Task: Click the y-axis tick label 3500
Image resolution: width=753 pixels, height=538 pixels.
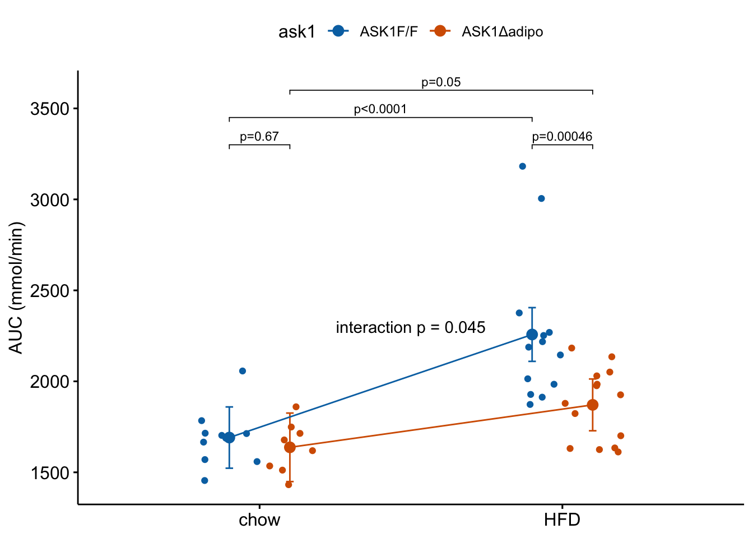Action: coord(50,109)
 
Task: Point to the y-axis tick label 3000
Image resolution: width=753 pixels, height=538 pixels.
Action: coord(50,200)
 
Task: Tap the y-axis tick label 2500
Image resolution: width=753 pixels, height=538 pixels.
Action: coord(50,291)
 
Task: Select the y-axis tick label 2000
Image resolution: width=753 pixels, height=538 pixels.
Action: coord(50,382)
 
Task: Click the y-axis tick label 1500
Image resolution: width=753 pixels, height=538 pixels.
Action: coord(50,473)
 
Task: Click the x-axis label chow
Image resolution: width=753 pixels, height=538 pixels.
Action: coord(259,520)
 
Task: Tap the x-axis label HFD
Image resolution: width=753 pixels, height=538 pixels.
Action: coord(562,520)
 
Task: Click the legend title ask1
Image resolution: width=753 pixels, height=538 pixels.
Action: coord(296,32)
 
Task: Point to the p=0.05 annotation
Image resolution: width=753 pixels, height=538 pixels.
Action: coord(441,82)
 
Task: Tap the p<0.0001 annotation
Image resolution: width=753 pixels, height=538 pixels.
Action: coord(380,109)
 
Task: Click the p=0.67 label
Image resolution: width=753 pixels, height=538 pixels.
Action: coord(259,137)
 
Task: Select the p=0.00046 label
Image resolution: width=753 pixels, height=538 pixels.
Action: coord(562,137)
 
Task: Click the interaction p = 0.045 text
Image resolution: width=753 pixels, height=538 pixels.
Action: coord(410,328)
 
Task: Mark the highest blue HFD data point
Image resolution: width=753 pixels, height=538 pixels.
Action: coord(523,166)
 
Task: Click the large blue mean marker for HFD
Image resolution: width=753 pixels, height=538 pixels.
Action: coord(532,335)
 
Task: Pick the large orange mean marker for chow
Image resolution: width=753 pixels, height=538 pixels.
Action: coord(290,447)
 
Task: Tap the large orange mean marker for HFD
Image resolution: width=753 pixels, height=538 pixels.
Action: coord(593,405)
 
